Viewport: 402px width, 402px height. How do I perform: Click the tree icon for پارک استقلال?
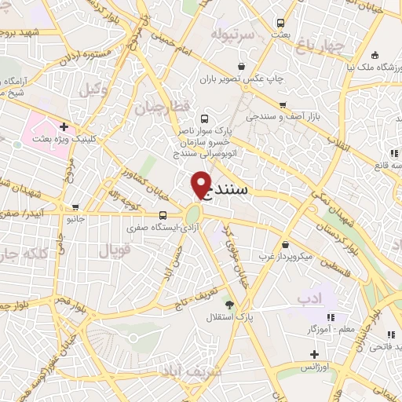pos(229,305)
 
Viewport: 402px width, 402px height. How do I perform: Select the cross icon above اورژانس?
pos(314,354)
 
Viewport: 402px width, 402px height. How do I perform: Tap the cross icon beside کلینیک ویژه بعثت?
pos(63,126)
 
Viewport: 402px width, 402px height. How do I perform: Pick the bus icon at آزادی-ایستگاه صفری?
pos(163,215)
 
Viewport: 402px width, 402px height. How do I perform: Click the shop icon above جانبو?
pos(75,208)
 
